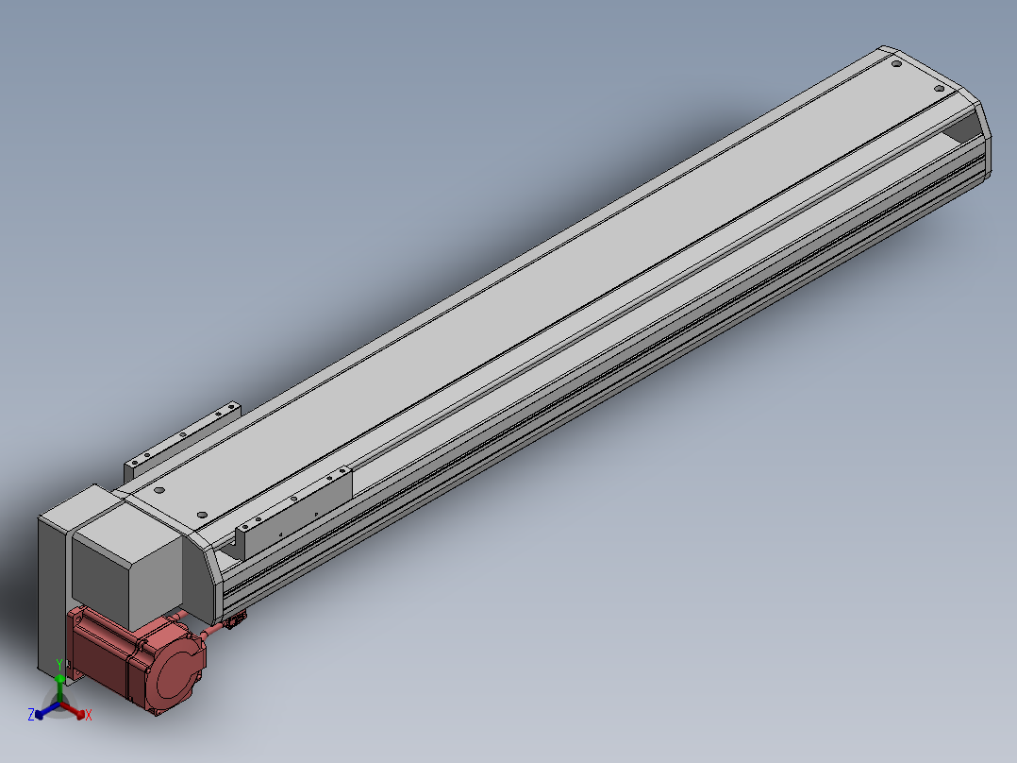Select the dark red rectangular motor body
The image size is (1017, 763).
104,651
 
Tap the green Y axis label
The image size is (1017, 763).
59,665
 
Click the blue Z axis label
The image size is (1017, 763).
30,714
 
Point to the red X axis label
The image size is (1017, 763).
89,715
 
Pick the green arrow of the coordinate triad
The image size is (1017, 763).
59,687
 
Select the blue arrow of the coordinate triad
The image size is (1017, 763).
47,709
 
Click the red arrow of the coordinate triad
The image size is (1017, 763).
72,709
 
